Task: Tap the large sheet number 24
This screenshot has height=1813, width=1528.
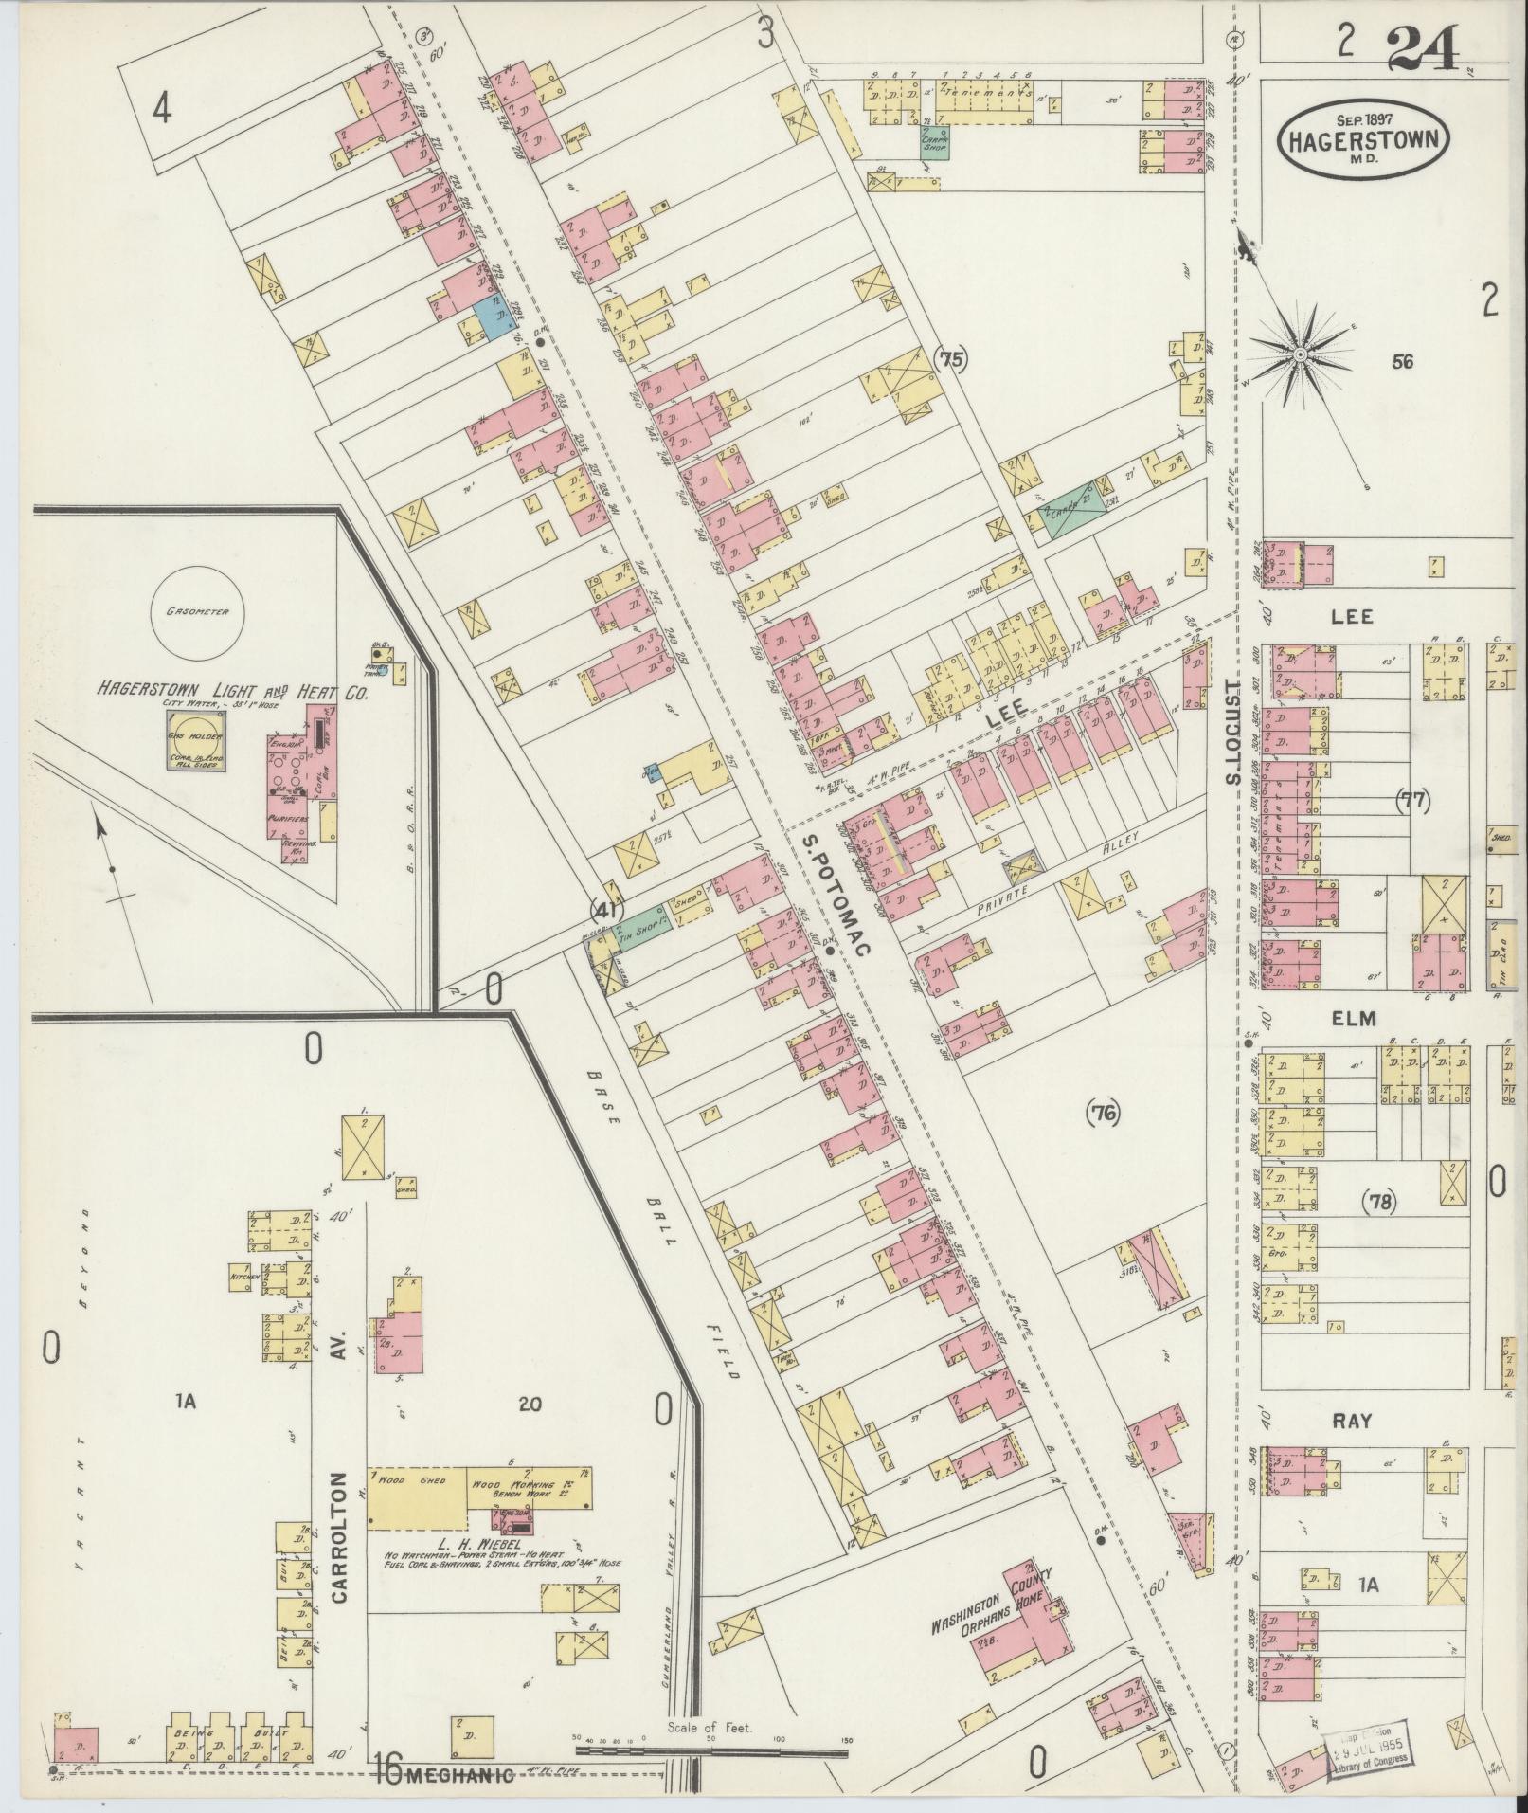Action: coord(1423,47)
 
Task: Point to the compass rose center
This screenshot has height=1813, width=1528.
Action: coord(1301,354)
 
